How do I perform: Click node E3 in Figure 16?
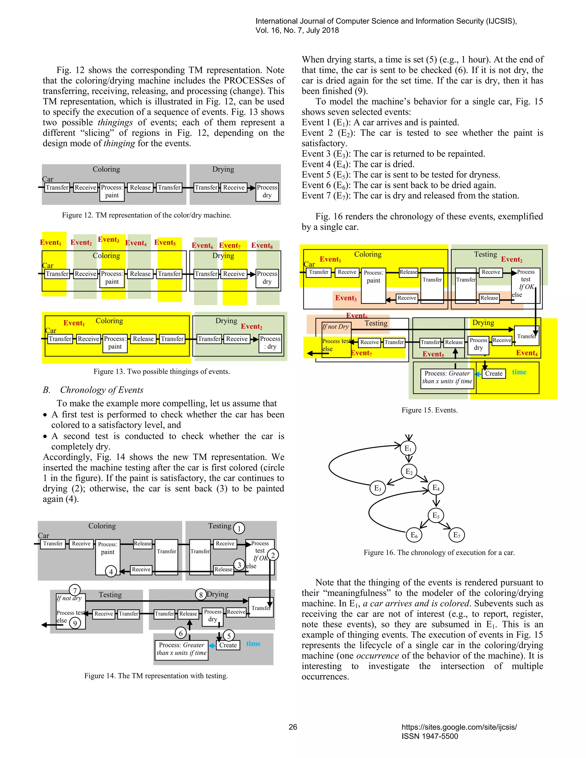377,488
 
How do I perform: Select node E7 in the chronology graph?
456,535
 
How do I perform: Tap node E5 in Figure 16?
436,515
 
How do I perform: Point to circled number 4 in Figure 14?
111,571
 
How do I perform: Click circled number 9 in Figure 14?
75,623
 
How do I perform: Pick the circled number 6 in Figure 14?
181,633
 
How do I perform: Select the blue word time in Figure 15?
519,372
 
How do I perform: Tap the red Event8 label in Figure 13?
262,245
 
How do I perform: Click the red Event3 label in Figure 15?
346,298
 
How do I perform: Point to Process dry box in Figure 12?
267,191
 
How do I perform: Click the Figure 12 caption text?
146,215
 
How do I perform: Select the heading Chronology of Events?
101,390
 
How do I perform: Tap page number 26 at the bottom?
293,727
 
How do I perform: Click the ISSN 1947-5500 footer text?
430,736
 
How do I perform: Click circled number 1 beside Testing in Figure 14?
239,528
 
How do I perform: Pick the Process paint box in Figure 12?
112,191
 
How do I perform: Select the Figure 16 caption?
439,553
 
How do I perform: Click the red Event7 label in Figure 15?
361,353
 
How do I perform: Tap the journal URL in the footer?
459,727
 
